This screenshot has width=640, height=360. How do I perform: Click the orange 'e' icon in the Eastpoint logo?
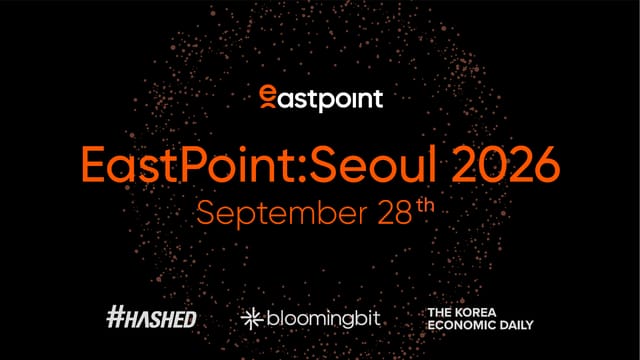pos(266,97)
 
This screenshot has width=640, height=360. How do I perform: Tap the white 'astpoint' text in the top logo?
pos(330,99)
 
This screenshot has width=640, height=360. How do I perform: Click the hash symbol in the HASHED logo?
pos(116,318)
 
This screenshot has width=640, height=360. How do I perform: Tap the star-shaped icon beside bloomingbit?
pos(250,319)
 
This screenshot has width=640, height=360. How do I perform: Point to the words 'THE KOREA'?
pos(461,312)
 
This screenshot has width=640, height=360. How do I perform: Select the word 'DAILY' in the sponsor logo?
pos(515,325)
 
